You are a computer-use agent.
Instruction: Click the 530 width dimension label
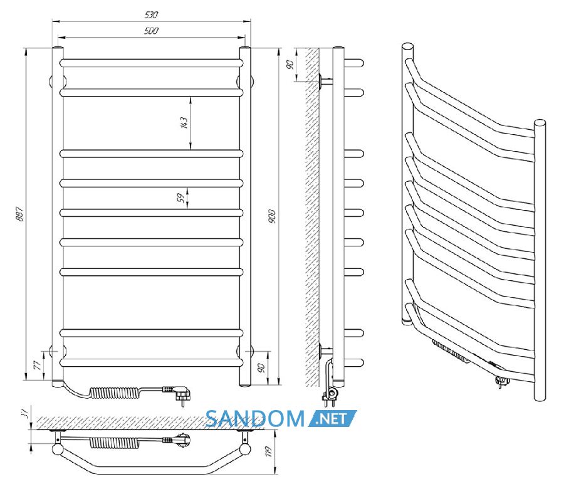[x=151, y=15]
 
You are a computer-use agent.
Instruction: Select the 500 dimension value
[x=151, y=31]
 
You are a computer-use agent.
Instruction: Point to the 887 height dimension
[x=20, y=214]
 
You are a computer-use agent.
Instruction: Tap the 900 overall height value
[x=272, y=216]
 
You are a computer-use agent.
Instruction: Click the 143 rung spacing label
[x=184, y=123]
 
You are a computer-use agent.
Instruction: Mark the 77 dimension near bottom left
[x=37, y=366]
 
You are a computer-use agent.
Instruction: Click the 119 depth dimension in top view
[x=268, y=451]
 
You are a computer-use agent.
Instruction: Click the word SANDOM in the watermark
[x=255, y=419]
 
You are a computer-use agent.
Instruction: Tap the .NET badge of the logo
[x=332, y=419]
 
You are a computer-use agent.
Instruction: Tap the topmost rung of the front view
[x=151, y=63]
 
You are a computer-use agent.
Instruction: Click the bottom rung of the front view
[x=151, y=362]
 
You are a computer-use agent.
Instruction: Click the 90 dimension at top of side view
[x=290, y=65]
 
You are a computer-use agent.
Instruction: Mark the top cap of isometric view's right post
[x=540, y=123]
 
